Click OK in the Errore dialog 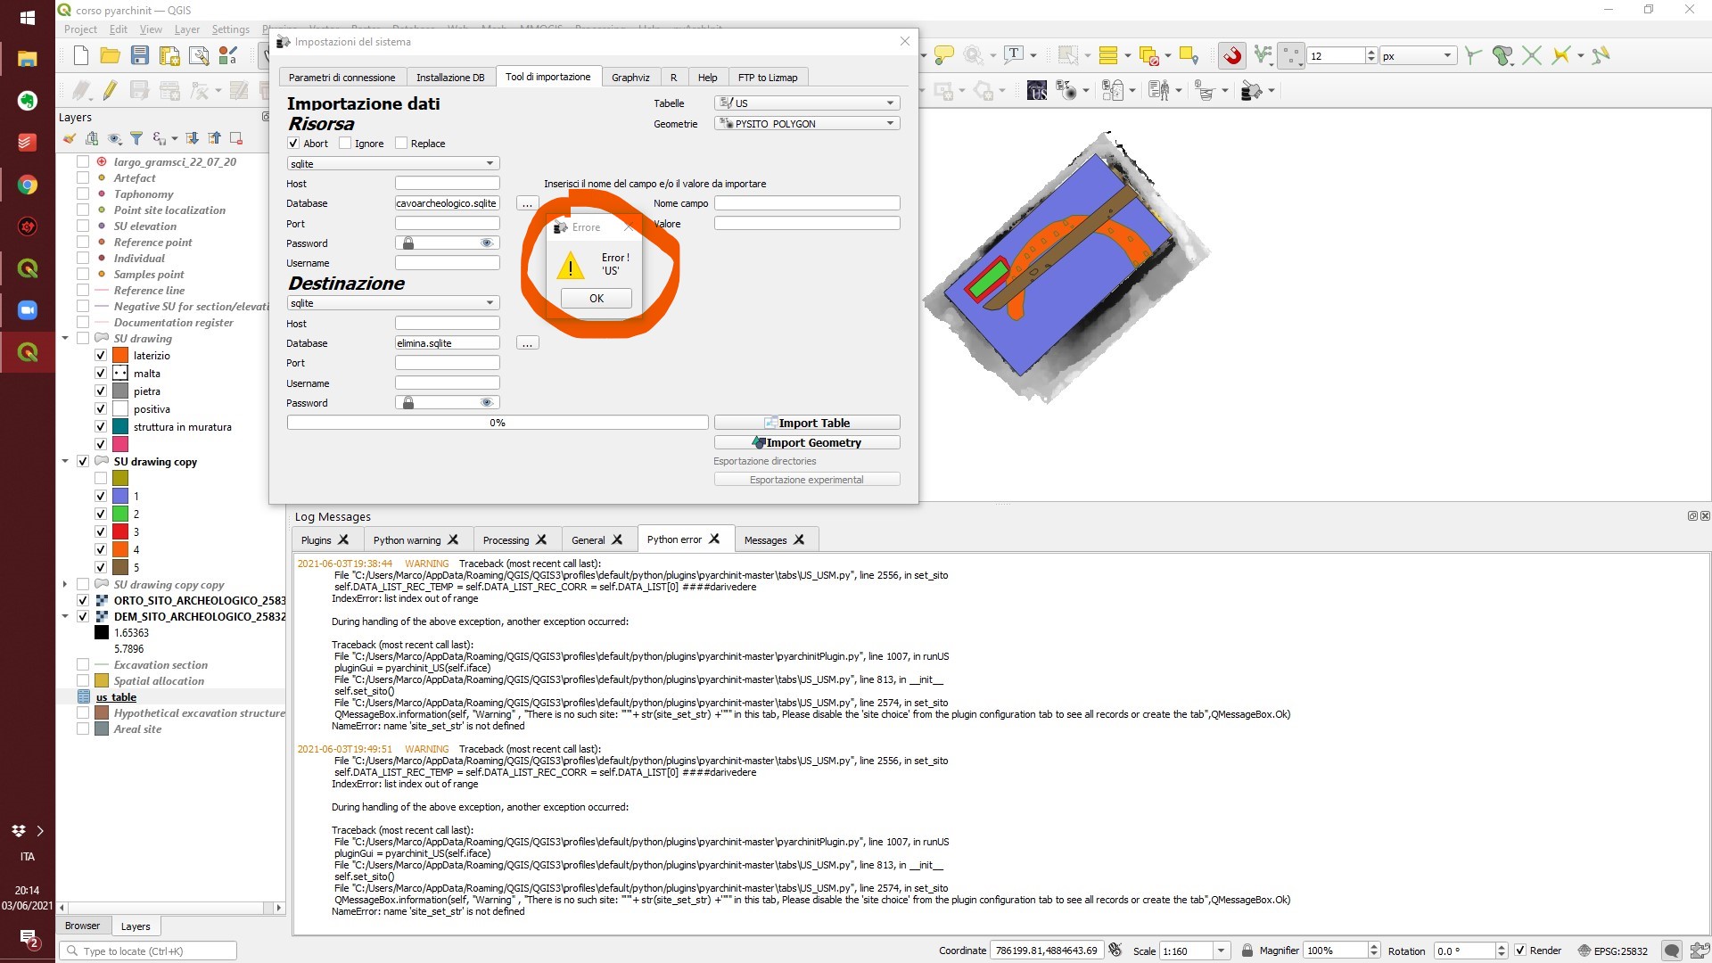(596, 299)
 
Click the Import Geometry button (806, 442)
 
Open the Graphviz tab (630, 78)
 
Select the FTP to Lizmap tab (767, 78)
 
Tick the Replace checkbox (401, 144)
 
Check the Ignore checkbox (345, 144)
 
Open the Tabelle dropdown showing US (806, 103)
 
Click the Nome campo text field (806, 203)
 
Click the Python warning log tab (407, 540)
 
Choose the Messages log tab (765, 540)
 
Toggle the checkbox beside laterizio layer (101, 356)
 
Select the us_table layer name (116, 697)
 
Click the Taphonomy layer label (144, 194)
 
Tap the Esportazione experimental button (806, 480)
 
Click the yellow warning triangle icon (570, 265)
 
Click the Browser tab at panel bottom (82, 926)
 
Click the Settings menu (230, 29)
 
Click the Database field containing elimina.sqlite (447, 343)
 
